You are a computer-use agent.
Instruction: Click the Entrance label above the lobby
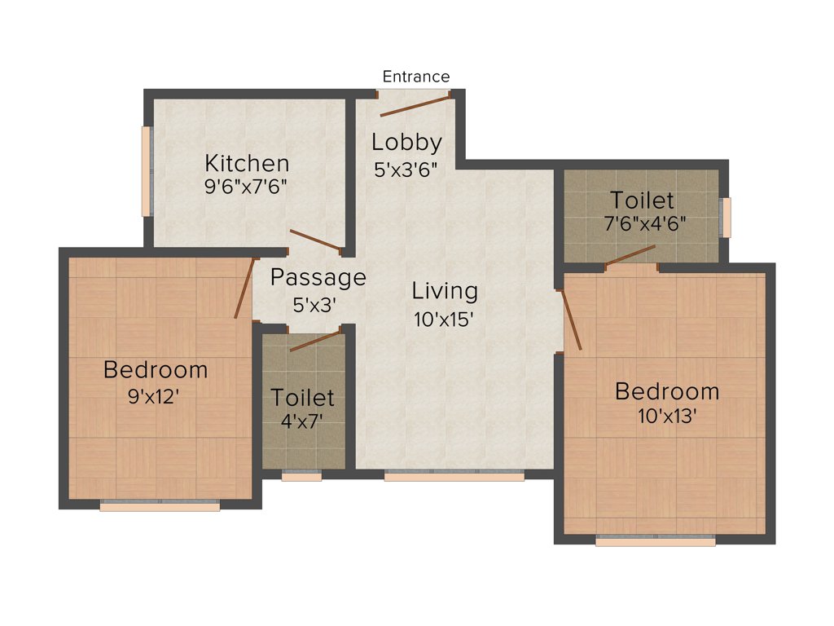416,77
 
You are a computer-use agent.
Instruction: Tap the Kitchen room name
247,162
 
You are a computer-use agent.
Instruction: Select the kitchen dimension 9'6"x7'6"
247,185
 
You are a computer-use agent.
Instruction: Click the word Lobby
406,143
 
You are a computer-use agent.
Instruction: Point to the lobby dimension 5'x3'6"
406,170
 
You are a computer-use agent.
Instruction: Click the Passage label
318,278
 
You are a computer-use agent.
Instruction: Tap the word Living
445,291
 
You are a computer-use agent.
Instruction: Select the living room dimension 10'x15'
445,319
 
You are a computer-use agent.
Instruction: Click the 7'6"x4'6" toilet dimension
643,224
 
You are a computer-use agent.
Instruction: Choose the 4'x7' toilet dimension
302,424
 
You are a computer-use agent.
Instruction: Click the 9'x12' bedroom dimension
155,397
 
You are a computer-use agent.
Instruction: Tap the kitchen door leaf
315,240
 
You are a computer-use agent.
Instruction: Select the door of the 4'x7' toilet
314,341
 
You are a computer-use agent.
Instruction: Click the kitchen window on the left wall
147,171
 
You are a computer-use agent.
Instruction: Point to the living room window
454,476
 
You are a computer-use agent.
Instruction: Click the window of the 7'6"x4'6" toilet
726,217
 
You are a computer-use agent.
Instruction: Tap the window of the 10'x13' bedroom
656,540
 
